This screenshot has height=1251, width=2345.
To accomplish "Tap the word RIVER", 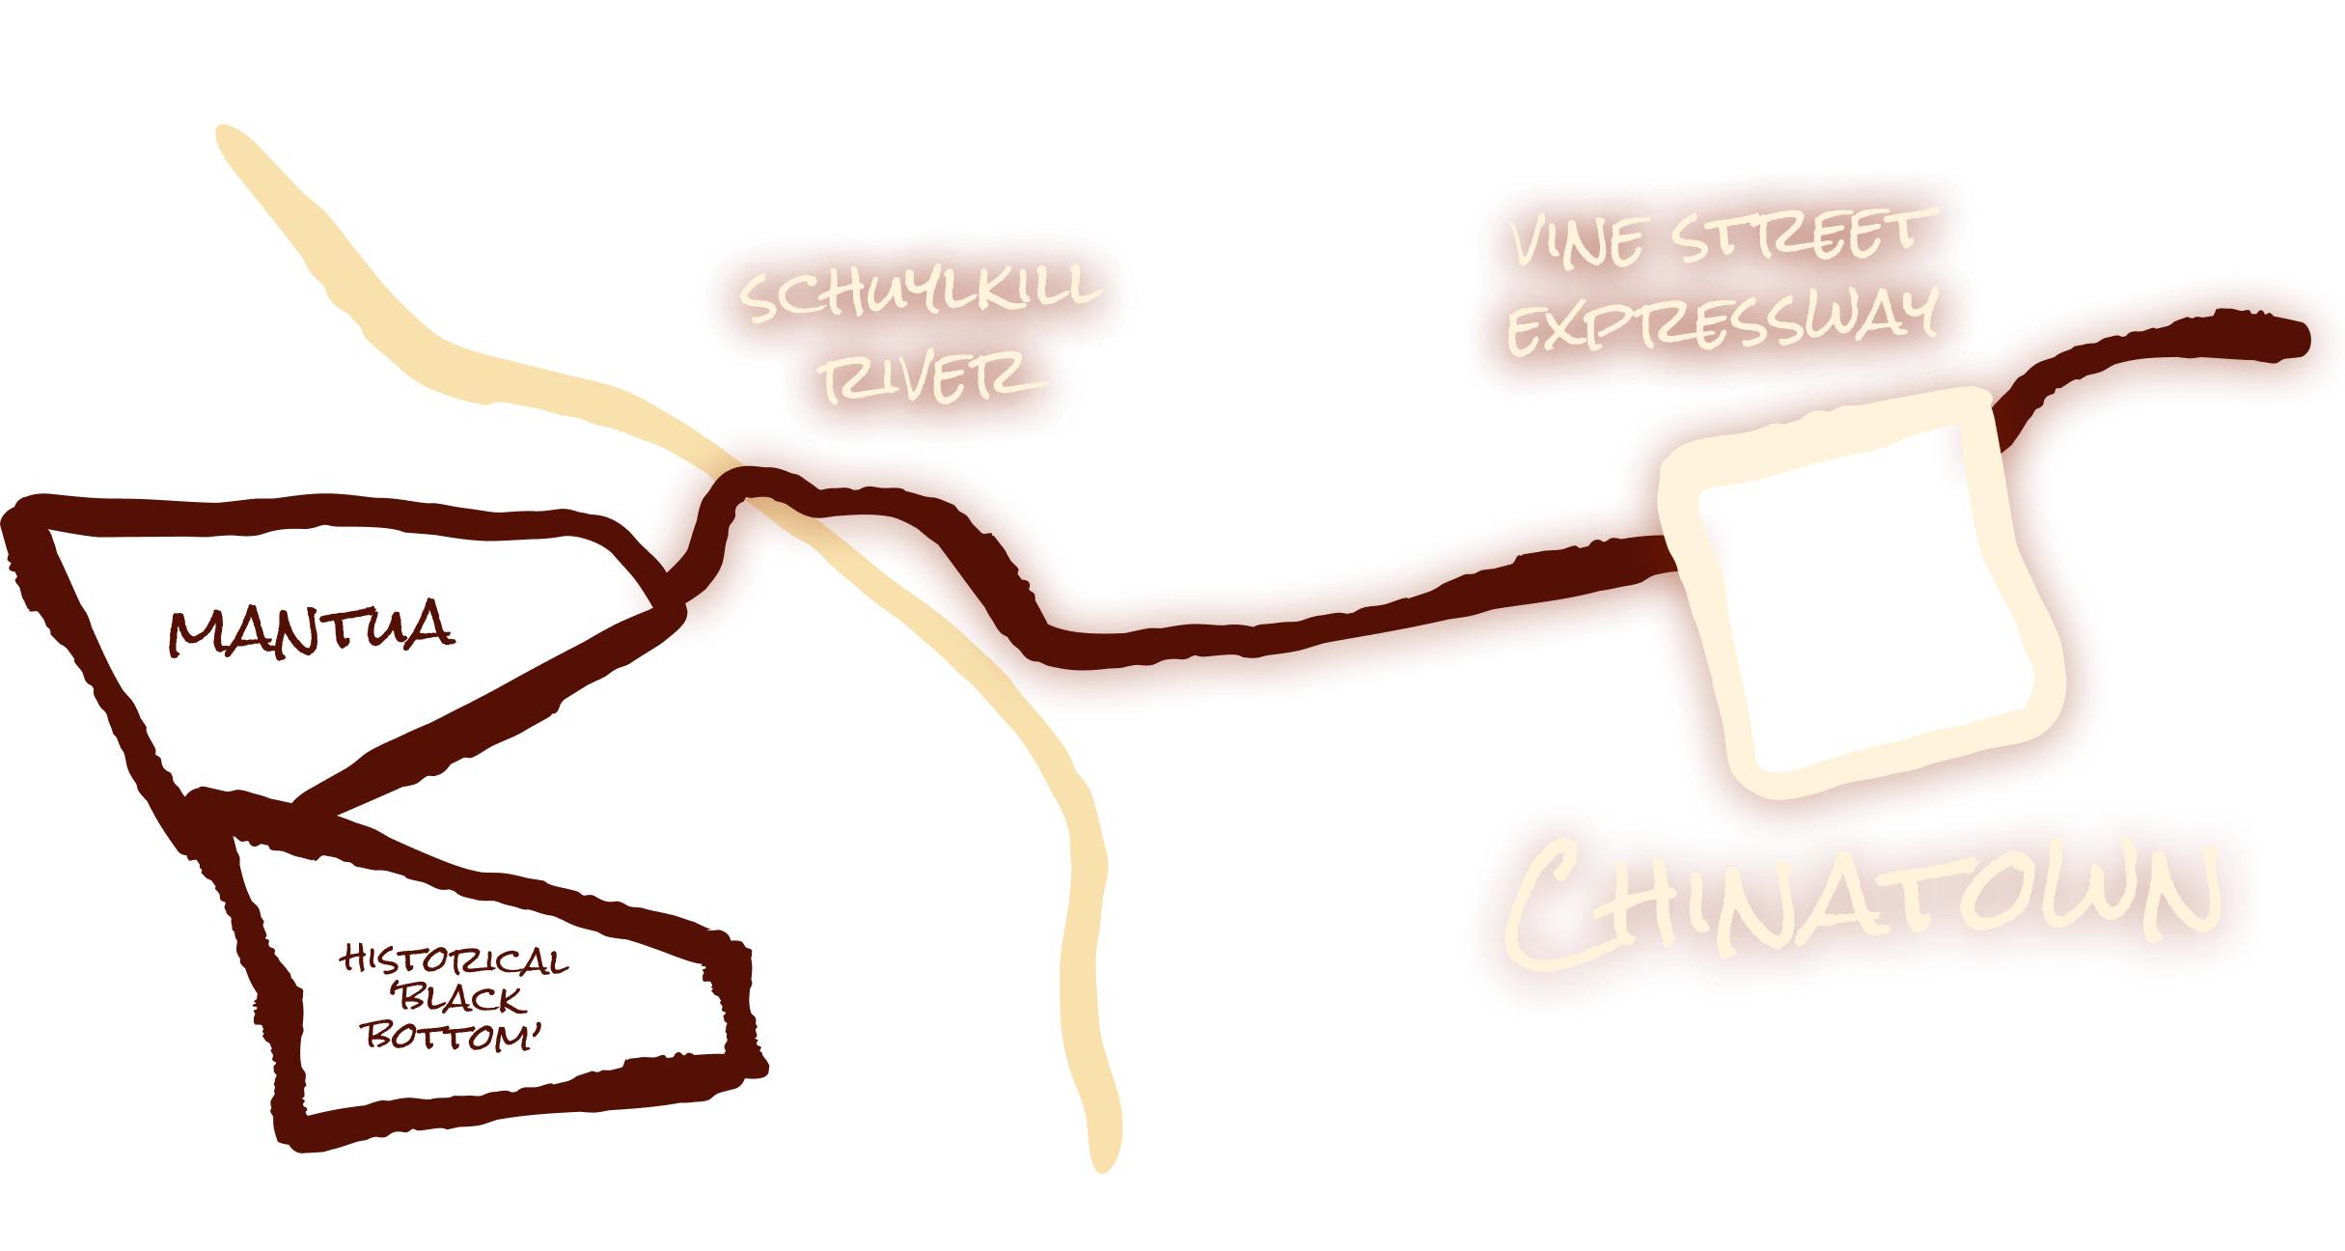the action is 930,378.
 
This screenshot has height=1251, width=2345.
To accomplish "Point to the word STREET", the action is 1804,234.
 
